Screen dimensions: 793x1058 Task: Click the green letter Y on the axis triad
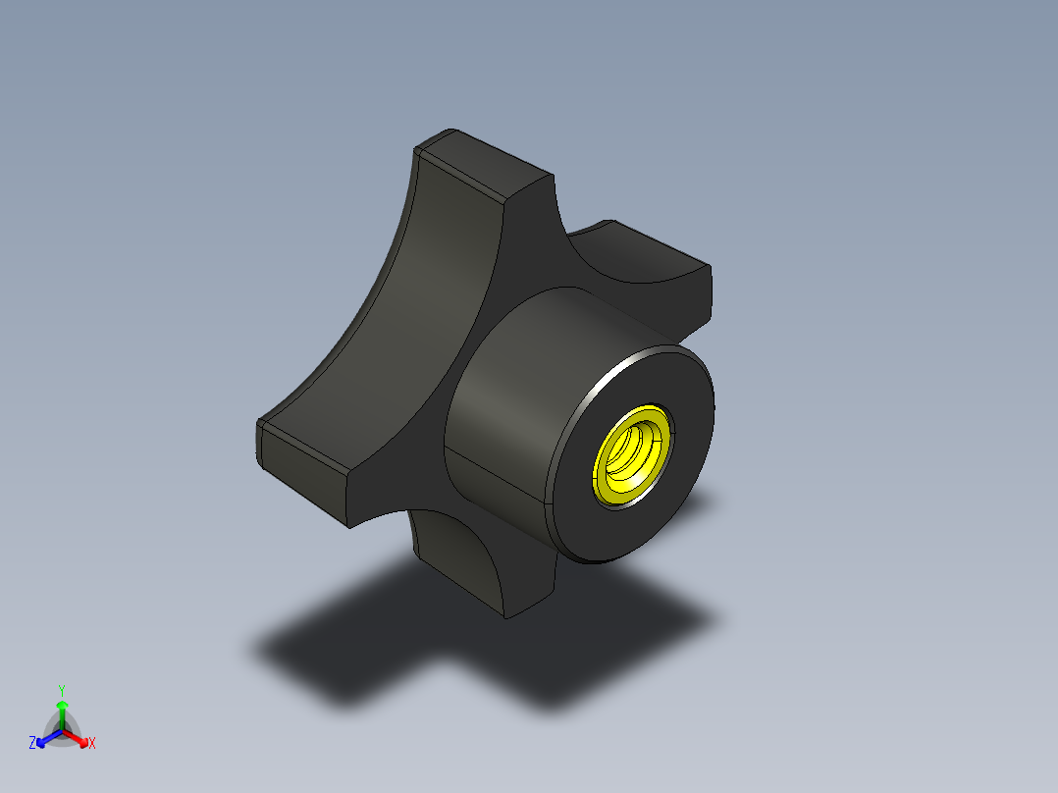tap(61, 689)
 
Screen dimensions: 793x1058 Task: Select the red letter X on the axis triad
tap(92, 744)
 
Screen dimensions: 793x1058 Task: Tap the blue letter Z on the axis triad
tap(32, 743)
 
